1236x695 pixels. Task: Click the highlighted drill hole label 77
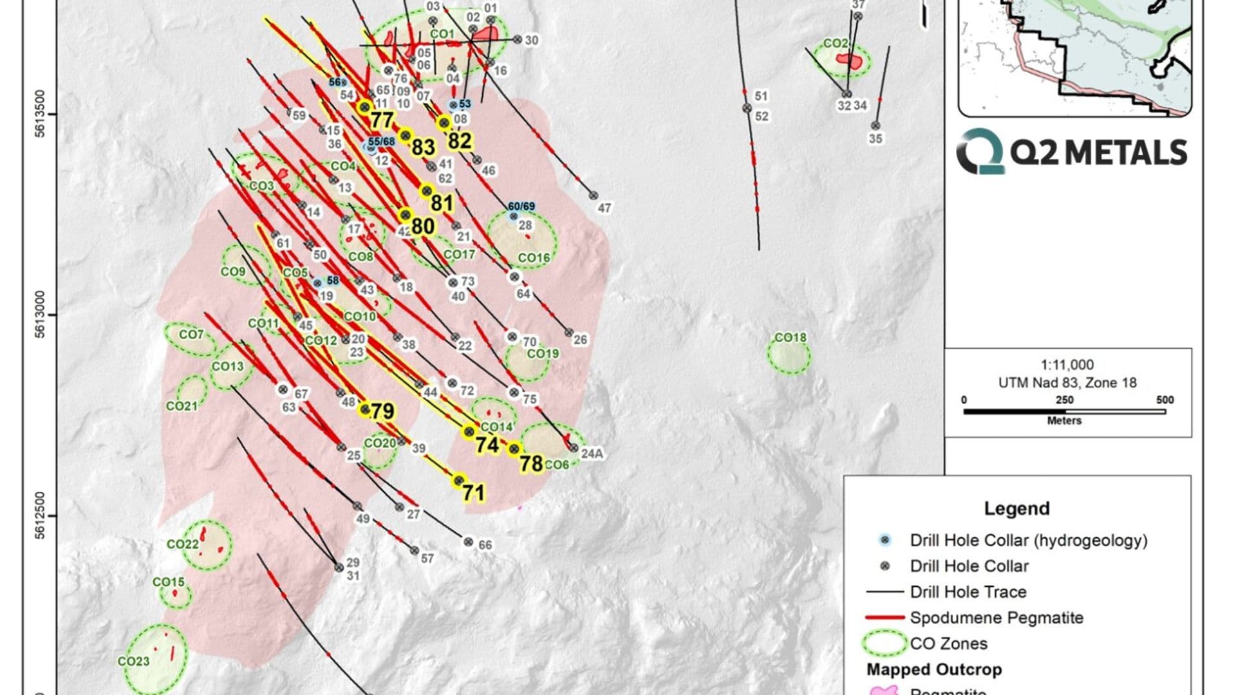click(x=382, y=120)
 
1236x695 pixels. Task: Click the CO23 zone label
click(x=133, y=661)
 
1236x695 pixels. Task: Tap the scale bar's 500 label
click(x=1165, y=400)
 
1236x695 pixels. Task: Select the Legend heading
click(x=1016, y=508)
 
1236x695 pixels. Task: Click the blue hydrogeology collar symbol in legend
click(x=885, y=540)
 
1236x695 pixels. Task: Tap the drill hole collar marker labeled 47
click(x=594, y=196)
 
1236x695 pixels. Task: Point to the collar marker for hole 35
click(x=876, y=126)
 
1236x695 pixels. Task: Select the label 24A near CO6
click(x=592, y=454)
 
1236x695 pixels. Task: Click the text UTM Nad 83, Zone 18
click(x=1067, y=383)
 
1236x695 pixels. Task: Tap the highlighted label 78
click(x=532, y=463)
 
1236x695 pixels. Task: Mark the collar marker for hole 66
click(x=469, y=542)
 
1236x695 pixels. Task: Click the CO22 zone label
click(x=183, y=544)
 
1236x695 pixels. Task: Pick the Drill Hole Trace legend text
click(x=968, y=592)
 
